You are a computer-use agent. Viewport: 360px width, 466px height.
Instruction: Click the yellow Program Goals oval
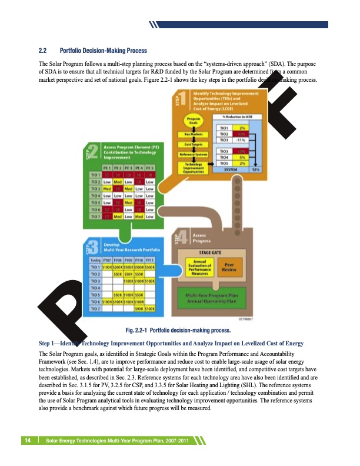point(194,121)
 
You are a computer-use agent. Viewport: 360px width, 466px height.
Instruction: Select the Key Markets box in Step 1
point(194,134)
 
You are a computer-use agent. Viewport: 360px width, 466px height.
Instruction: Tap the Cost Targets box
point(194,144)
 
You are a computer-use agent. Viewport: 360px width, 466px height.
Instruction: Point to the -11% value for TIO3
point(241,140)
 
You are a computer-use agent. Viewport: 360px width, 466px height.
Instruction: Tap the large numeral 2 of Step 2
point(94,152)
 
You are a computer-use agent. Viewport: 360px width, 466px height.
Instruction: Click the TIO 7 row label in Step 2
point(94,217)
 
